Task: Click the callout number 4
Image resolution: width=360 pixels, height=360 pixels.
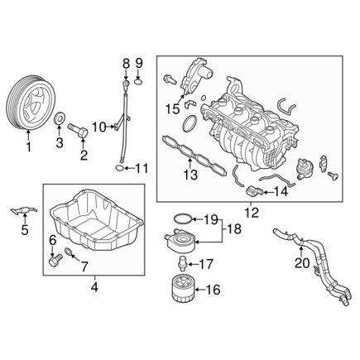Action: [x=94, y=287]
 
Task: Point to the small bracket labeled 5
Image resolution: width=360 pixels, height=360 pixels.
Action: [x=22, y=209]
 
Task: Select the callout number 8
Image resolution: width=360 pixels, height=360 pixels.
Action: [x=126, y=63]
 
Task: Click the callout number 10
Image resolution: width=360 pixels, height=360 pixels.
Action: [x=97, y=127]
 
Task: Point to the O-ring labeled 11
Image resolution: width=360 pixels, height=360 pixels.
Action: [x=121, y=169]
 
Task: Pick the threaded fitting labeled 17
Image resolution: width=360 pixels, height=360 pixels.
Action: [x=182, y=266]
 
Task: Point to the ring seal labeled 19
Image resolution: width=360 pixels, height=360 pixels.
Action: [x=185, y=218]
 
